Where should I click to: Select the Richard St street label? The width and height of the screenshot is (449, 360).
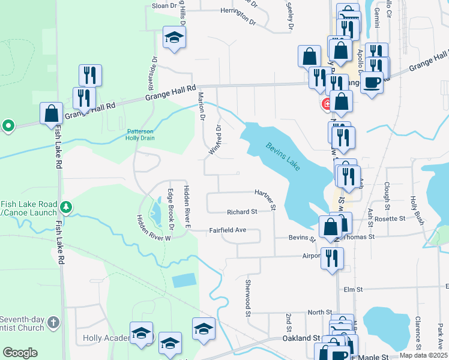(x=242, y=212)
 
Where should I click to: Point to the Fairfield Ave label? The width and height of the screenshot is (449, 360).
(x=228, y=230)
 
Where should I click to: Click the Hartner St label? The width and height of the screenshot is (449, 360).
(x=265, y=199)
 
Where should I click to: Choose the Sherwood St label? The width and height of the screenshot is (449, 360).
(x=247, y=296)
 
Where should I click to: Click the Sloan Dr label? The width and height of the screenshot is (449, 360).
(x=165, y=5)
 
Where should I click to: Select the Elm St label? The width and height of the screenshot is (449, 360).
(x=354, y=289)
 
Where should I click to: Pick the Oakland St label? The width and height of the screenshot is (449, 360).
(x=301, y=338)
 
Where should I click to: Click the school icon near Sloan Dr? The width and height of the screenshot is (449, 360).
(x=174, y=37)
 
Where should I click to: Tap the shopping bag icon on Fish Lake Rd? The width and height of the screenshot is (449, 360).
(x=51, y=113)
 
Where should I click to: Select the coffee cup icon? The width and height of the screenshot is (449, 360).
(x=372, y=83)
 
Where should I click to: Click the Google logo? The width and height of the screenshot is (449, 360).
(x=20, y=353)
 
